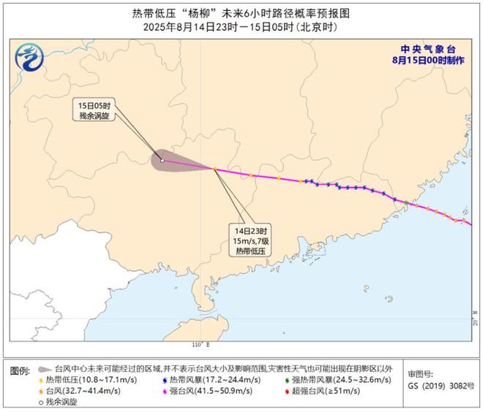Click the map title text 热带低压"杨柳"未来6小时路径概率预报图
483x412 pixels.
(241, 12)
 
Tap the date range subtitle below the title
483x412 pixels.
(241, 27)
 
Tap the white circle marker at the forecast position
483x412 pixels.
(162, 160)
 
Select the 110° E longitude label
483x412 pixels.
(200, 344)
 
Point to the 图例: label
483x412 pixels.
(20, 370)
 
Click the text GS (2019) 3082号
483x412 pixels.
(439, 385)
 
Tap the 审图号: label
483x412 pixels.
(422, 371)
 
